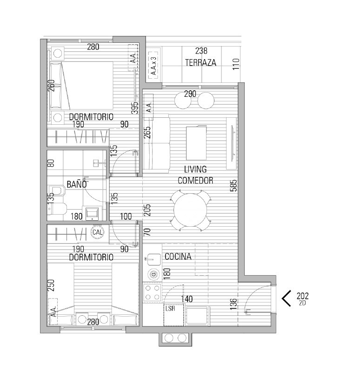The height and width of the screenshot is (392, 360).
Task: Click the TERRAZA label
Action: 200,62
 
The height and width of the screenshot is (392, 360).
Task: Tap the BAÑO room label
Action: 77,184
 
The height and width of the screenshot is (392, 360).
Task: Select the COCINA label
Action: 178,257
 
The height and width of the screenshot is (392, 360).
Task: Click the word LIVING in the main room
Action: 195,169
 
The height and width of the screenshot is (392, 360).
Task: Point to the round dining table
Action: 190,210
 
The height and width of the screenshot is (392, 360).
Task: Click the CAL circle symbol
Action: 97,232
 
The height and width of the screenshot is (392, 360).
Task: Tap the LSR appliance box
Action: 174,315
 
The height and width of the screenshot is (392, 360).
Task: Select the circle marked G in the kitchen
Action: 153,275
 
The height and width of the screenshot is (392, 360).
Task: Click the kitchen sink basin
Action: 153,259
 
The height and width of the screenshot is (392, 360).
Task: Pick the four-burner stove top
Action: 152,292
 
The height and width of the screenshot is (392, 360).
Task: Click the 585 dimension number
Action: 234,186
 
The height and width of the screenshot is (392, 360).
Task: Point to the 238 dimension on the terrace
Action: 201,51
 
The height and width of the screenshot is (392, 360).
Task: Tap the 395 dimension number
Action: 135,108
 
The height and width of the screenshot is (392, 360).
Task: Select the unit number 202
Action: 302,296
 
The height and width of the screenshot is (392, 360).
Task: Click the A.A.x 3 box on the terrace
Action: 153,66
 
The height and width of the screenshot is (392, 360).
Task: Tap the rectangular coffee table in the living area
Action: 196,143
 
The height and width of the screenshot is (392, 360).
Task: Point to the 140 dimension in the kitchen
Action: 187,299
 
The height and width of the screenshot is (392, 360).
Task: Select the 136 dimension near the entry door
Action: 234,304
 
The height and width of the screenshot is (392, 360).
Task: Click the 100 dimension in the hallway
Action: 126,216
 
